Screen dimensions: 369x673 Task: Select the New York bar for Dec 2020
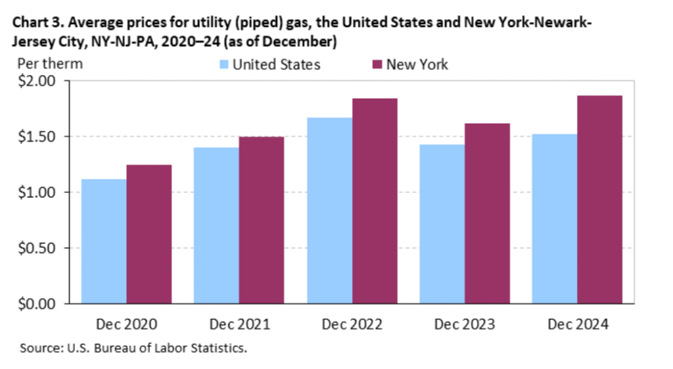[149, 234]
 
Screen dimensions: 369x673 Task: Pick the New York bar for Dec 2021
[262, 220]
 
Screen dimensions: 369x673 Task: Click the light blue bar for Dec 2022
[329, 210]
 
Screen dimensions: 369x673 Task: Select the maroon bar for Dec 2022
[375, 201]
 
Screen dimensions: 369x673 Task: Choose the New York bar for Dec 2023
[487, 213]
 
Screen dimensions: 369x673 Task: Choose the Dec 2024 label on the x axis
[577, 324]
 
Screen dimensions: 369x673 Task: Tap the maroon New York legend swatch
[376, 64]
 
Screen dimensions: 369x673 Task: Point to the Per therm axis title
[50, 64]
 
